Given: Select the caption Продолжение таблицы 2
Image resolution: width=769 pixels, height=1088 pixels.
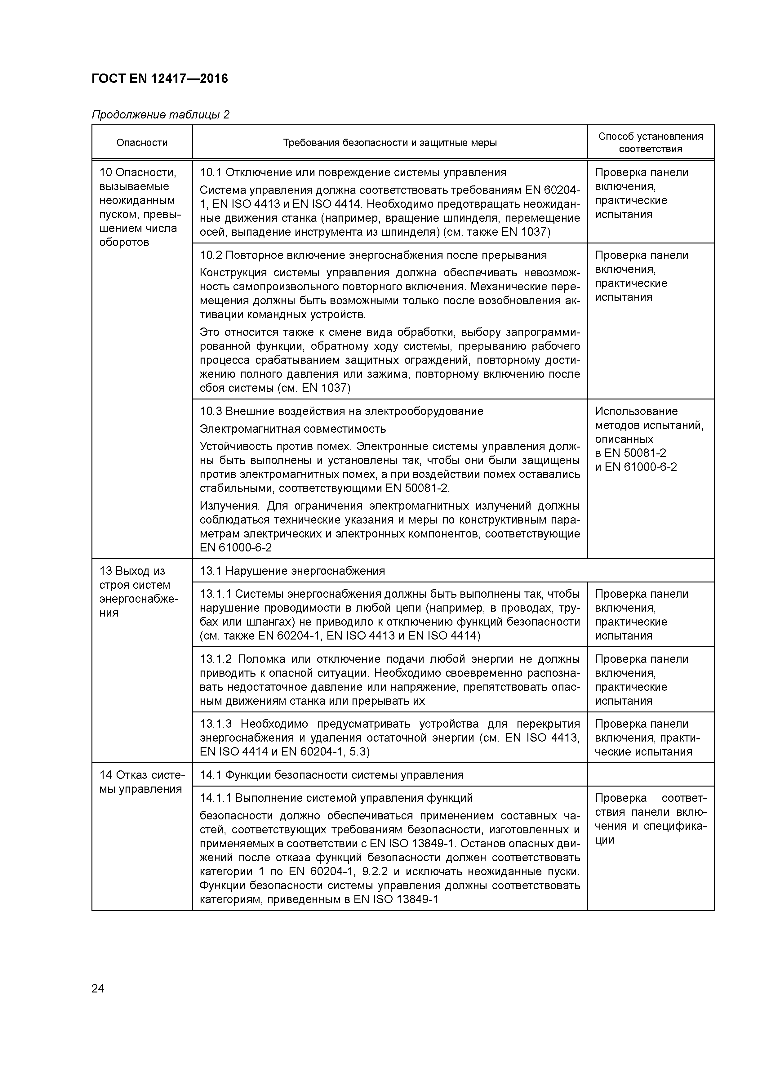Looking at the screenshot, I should coord(160,115).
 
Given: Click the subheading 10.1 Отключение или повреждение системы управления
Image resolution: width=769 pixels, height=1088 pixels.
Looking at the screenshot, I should coord(353,172).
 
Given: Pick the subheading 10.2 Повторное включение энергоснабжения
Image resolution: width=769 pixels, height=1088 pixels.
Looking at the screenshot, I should coord(373,256).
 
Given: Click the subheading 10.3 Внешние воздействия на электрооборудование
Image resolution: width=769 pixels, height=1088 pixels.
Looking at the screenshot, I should coord(341,411).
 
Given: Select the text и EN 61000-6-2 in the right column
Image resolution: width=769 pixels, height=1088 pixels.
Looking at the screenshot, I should coord(635,467).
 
